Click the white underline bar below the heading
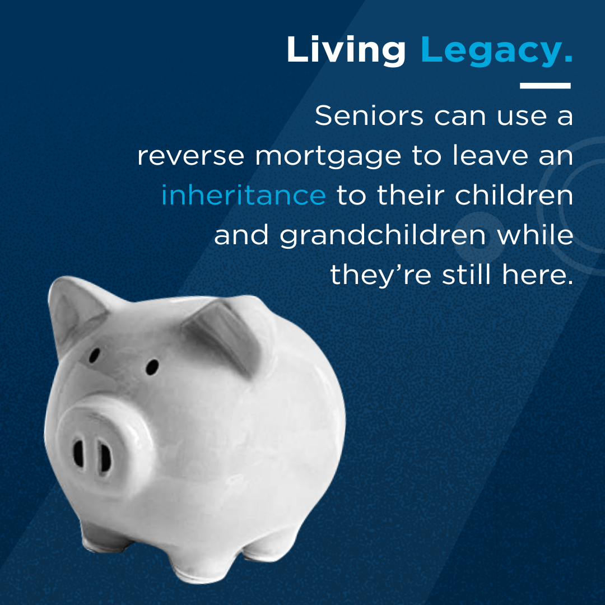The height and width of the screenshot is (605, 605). coord(545,86)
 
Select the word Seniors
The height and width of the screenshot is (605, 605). coord(369,115)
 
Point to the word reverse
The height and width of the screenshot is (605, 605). coord(191,156)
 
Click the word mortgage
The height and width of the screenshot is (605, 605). coord(328,157)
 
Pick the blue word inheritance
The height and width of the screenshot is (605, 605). coord(244,195)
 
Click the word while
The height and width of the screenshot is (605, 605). coord(535,234)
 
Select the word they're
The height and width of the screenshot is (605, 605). coord(380,276)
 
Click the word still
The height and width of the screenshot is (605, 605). coord(466,274)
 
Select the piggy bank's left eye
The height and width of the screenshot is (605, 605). coord(94,355)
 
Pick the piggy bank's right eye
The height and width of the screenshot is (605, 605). coord(152,367)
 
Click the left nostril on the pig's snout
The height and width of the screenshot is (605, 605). coord(79,453)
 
